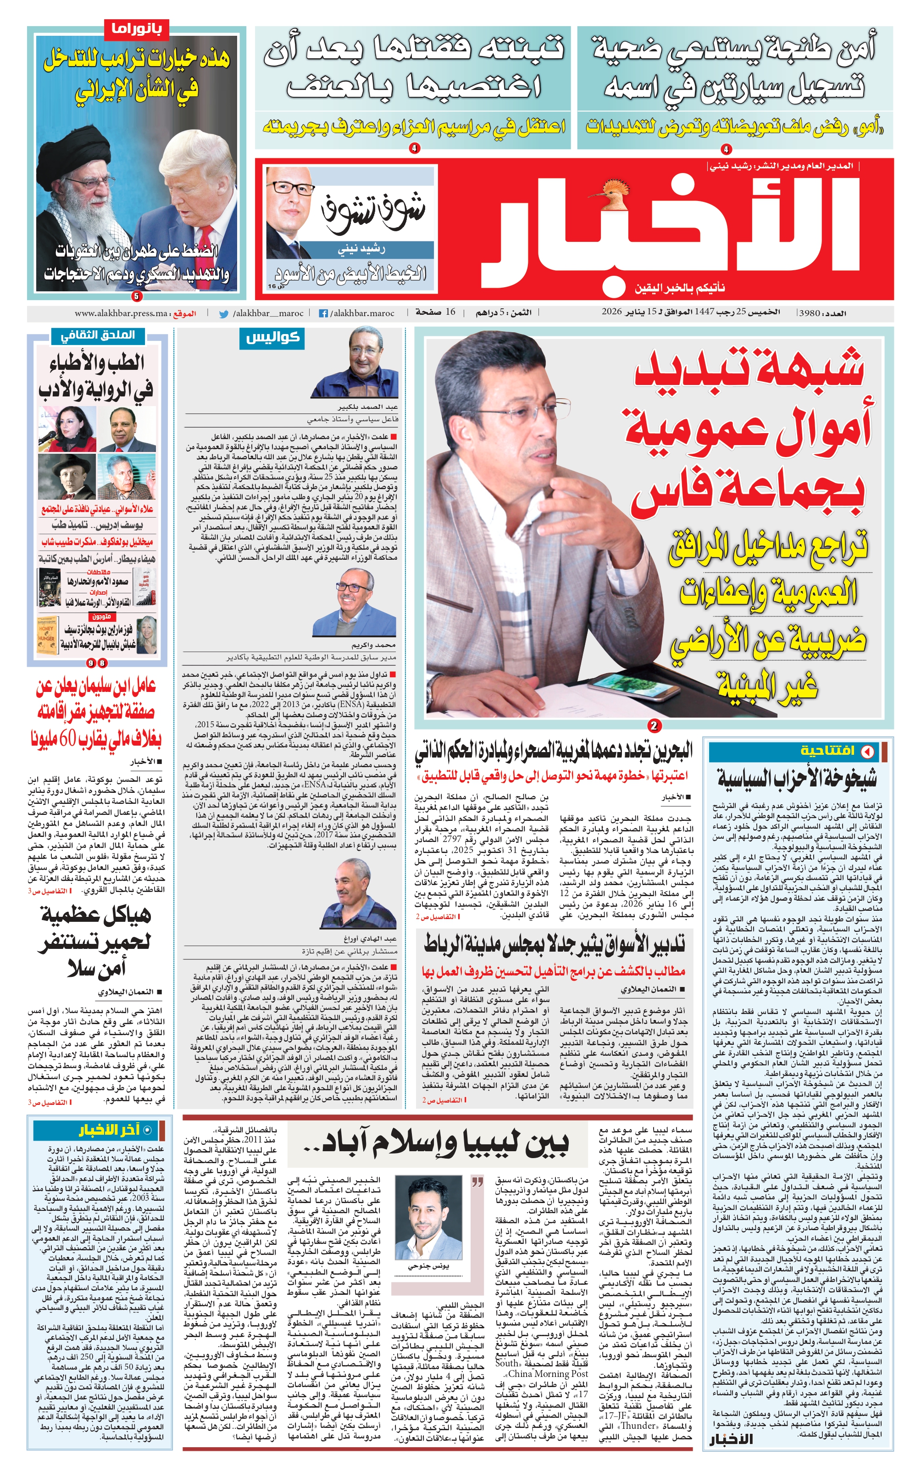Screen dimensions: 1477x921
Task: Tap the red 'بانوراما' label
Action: (x=136, y=28)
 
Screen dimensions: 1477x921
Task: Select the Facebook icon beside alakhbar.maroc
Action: (x=323, y=313)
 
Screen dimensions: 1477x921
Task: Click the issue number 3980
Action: (x=810, y=312)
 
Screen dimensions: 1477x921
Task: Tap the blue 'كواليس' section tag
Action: (x=273, y=338)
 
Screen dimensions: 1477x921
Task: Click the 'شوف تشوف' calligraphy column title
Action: (x=373, y=211)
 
